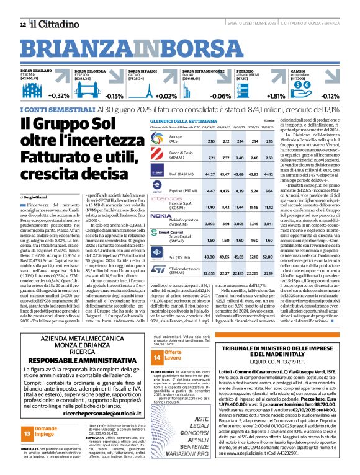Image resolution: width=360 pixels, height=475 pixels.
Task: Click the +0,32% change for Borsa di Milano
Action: click(58, 96)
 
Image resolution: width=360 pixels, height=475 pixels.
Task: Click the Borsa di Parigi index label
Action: click(141, 71)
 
